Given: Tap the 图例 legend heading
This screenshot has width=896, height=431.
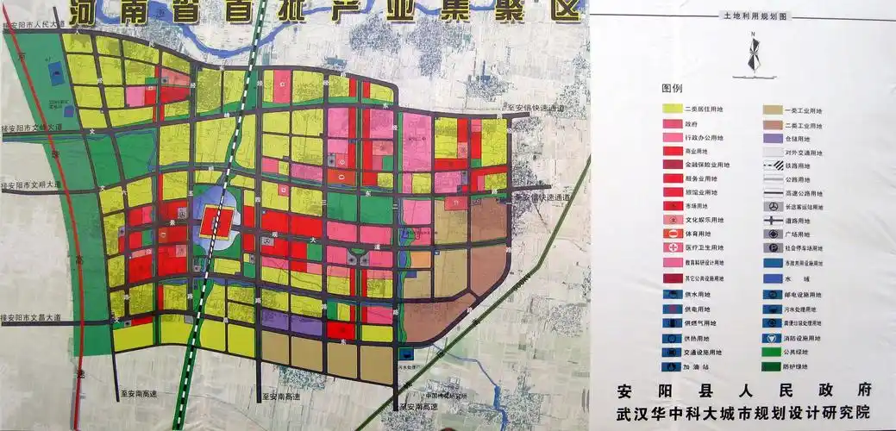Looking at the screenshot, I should point(672,89).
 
